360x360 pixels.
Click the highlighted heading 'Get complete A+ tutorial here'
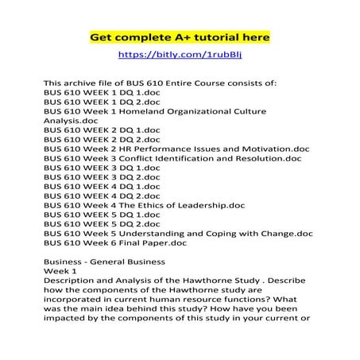[180, 37]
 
